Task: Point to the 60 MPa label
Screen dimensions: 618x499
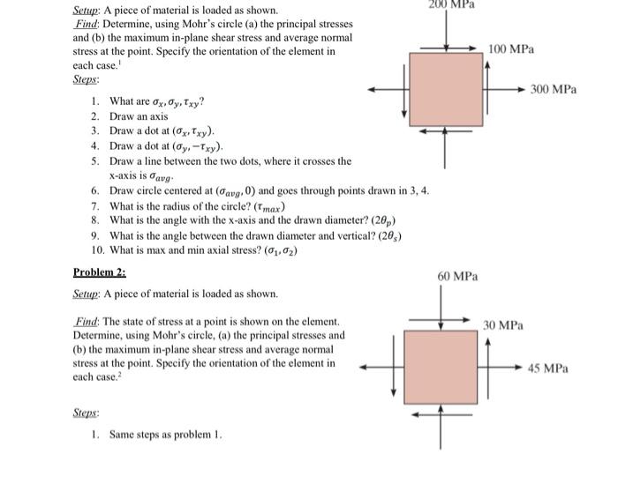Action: tap(458, 276)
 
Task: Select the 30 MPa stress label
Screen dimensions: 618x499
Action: tap(503, 325)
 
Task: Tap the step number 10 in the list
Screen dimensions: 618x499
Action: tap(97, 250)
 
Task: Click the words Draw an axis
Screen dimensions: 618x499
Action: tap(139, 116)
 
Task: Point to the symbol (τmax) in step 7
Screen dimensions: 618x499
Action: tap(260, 207)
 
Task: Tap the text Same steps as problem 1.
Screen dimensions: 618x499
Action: tap(166, 435)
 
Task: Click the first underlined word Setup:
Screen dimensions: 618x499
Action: tap(88, 11)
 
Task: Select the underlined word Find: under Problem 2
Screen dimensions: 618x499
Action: tap(86, 323)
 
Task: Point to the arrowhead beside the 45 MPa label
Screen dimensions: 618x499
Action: tap(522, 368)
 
